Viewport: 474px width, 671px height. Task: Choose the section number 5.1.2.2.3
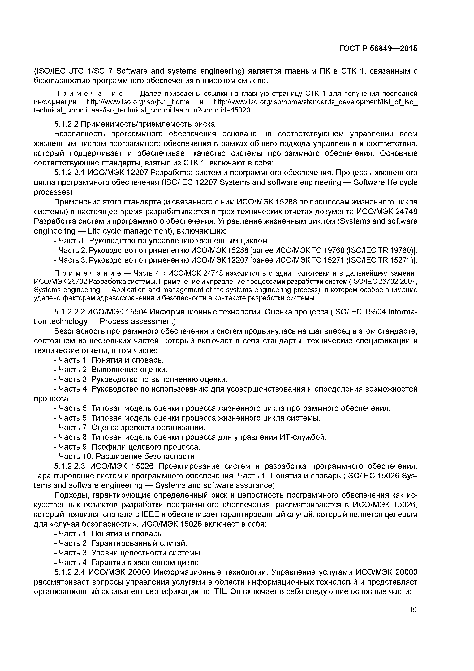click(x=70, y=466)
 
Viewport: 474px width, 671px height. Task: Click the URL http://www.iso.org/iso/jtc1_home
click(x=138, y=102)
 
